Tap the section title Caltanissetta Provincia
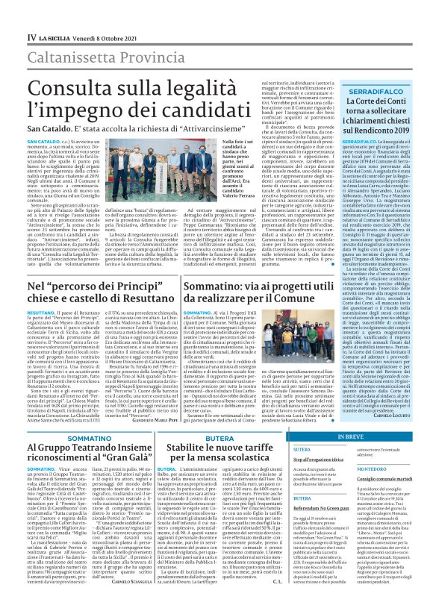[93, 34]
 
